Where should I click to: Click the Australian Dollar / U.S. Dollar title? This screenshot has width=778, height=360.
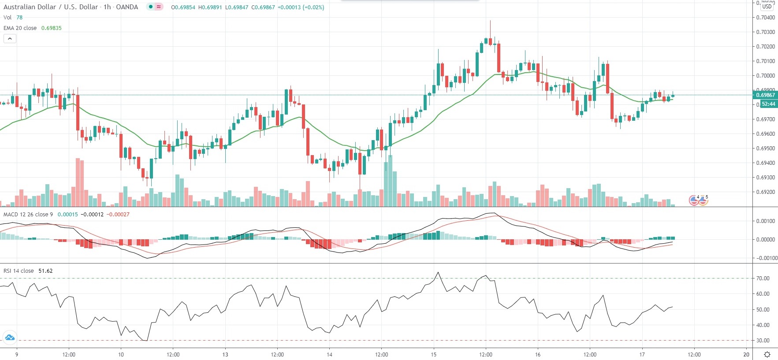coord(51,7)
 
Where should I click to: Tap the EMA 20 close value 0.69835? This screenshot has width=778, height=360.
coord(52,28)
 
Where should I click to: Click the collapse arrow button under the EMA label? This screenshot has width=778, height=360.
coord(10,39)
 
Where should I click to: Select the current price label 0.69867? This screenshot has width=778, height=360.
coord(766,95)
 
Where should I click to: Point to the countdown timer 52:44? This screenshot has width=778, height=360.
coord(768,104)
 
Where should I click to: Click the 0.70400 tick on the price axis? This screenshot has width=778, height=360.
coord(765,18)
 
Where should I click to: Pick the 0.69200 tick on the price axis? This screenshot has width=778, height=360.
coord(765,192)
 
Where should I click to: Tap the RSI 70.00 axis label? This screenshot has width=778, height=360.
coord(763,278)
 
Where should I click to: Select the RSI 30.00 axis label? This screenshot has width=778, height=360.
coord(763,341)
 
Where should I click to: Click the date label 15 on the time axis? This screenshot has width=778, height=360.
coord(434,355)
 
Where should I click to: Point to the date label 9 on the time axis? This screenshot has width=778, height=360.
coord(17,355)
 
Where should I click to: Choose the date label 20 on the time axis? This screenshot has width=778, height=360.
coord(746,355)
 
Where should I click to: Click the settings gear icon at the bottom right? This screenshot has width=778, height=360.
coord(767,355)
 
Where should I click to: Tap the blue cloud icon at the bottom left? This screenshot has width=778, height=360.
coord(9,338)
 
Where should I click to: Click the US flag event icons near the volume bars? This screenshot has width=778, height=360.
coord(698,200)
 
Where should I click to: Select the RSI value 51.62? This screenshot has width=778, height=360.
coord(45,271)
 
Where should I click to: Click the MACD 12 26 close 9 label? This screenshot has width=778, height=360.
coord(28,215)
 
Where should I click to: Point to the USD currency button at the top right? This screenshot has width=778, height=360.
coord(767,7)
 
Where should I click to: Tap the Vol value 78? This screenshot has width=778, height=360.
coord(19,18)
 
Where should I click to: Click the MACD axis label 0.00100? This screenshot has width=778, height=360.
coord(765,221)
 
